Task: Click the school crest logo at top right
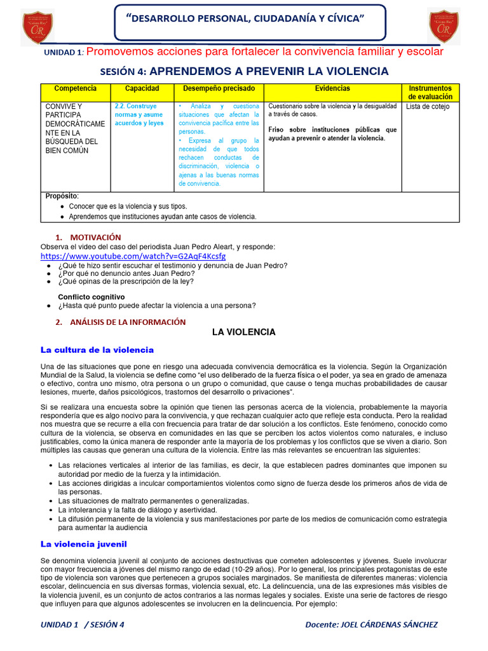[444, 27]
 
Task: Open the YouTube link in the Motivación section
[133, 256]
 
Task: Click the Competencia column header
[76, 88]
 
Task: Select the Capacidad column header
[142, 88]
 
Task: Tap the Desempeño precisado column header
[219, 88]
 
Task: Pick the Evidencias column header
[332, 88]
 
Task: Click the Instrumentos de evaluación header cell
[430, 92]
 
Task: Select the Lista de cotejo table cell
[428, 107]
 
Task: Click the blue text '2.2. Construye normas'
[139, 106]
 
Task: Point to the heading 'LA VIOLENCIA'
[243, 332]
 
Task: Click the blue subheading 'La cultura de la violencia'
[97, 350]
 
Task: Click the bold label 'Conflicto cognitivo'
[91, 297]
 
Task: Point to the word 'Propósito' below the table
[60, 196]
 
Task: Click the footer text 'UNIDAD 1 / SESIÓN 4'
[83, 624]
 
